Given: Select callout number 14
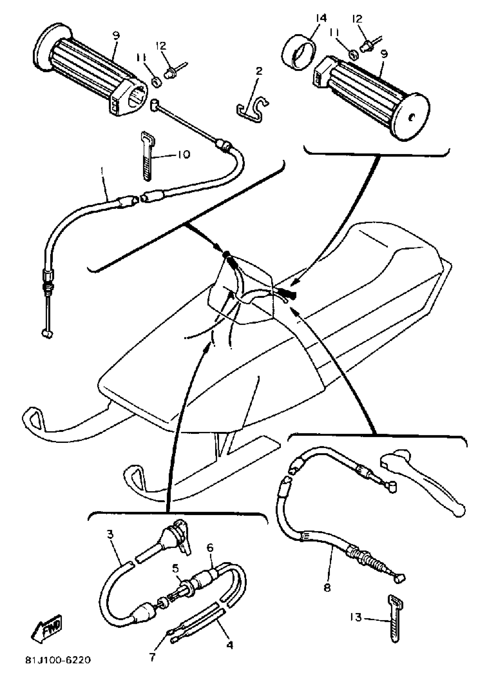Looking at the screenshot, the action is tap(321, 18).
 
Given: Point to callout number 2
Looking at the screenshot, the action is tap(259, 71).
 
